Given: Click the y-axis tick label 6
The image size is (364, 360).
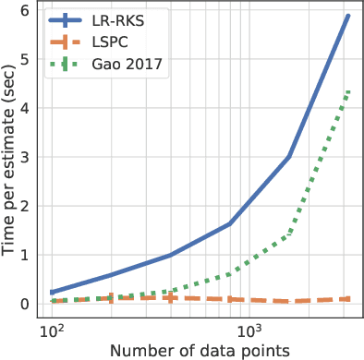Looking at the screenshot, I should [29, 10].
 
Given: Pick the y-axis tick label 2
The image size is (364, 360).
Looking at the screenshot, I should [29, 206].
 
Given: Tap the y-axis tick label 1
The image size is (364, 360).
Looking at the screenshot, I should [29, 255].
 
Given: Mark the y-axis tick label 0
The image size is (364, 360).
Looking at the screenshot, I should [29, 304].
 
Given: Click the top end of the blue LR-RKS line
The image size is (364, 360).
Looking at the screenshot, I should [347, 16].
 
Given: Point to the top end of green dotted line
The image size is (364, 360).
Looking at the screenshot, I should [347, 90].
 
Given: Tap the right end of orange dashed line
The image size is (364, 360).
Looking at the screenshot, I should [347, 299].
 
